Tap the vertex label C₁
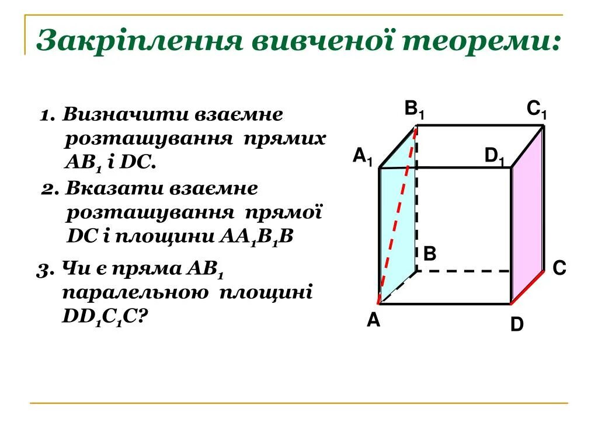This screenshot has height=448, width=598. click(536, 110)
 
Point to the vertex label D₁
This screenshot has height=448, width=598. click(494, 156)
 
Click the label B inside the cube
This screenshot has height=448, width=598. click(430, 254)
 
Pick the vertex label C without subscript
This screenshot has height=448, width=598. click(559, 268)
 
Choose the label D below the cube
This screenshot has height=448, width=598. click(517, 324)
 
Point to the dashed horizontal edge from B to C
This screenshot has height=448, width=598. click(464, 271)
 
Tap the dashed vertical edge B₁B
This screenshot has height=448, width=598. click(417, 198)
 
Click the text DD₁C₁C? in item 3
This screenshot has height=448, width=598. click(105, 317)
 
